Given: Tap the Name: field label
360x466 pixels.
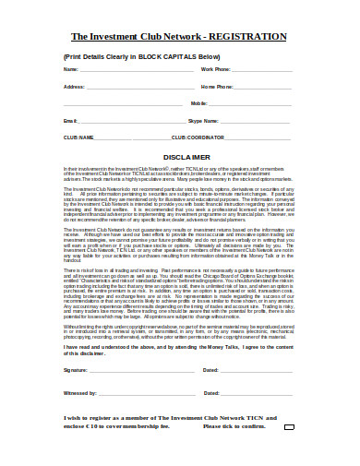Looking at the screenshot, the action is (71, 69).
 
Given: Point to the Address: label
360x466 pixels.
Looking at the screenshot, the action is (75, 87).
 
